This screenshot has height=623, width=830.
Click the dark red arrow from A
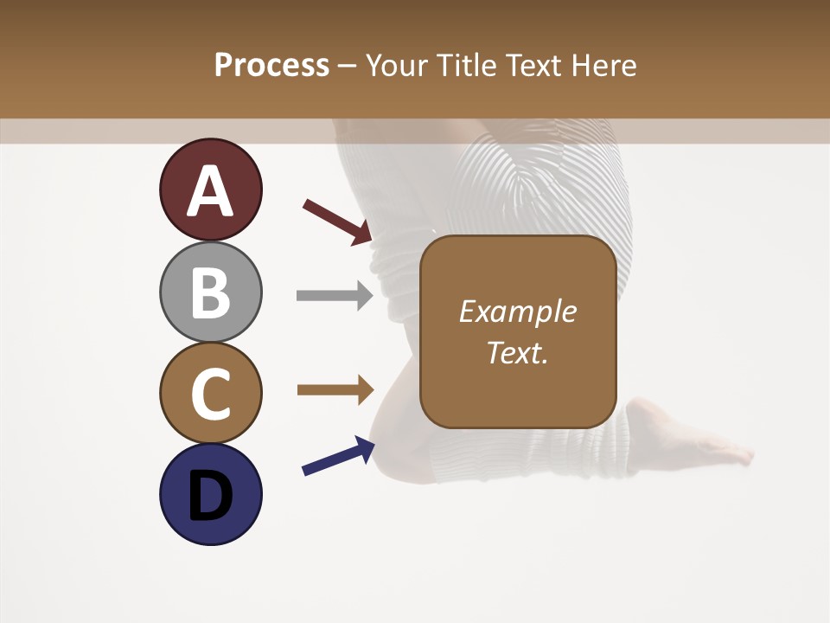(x=337, y=222)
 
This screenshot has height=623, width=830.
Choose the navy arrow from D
(x=338, y=456)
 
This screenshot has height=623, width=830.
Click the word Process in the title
(x=271, y=65)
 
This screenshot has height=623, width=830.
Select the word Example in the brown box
(x=517, y=312)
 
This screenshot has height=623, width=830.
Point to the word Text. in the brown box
(x=517, y=353)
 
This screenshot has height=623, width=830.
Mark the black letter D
(x=210, y=496)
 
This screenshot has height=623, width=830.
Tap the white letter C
(x=211, y=395)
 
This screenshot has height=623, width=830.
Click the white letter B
(x=211, y=293)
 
